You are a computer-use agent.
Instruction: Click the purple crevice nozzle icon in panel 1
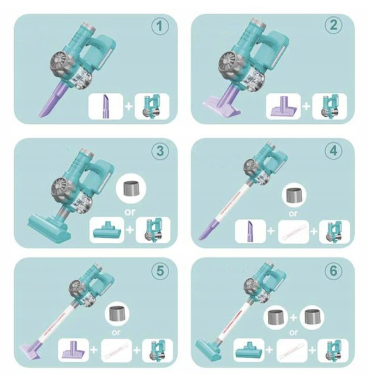[x=105, y=106]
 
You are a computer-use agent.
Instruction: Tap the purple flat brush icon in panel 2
[x=283, y=106]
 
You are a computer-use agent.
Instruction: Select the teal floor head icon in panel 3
[x=105, y=230]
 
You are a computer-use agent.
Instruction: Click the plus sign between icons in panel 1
[x=129, y=106]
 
